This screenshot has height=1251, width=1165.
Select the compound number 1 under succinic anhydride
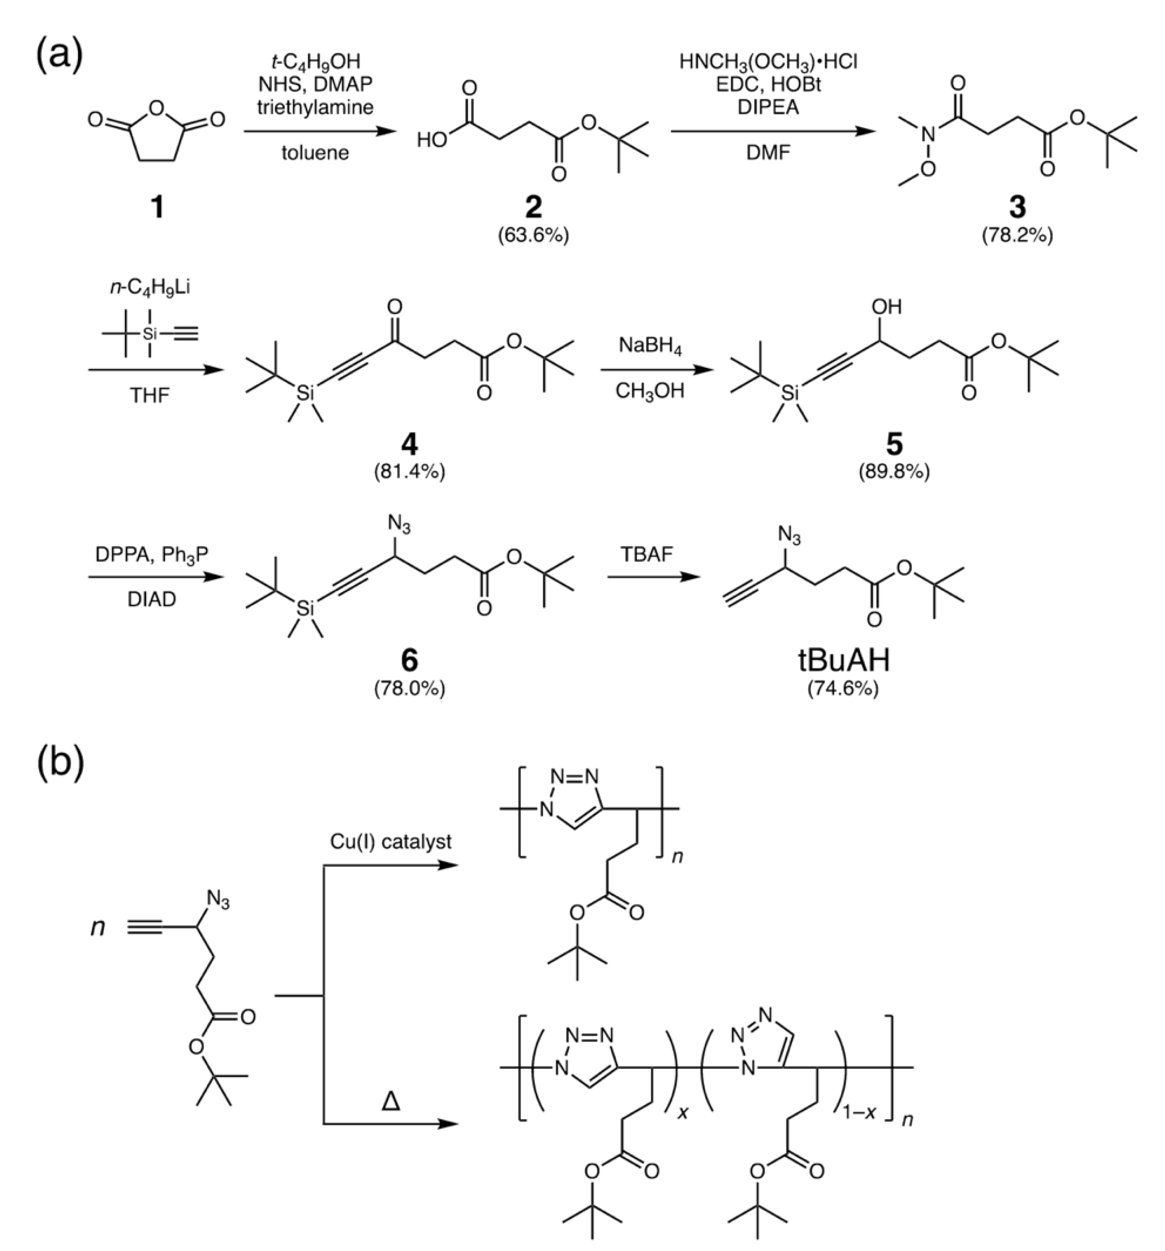point(157,206)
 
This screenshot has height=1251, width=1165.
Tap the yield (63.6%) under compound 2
point(533,236)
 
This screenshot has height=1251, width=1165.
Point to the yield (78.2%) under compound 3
point(1017,236)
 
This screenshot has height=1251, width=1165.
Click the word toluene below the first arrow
point(315,153)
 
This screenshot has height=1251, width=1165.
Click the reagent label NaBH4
point(650,346)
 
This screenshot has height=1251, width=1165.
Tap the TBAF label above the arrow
point(647,554)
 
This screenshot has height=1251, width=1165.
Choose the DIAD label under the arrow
point(152,599)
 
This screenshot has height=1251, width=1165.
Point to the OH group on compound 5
point(886,307)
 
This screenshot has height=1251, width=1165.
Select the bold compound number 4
point(409,445)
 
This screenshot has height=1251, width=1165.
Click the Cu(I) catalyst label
point(390,842)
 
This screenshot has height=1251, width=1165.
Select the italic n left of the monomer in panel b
point(98,927)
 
